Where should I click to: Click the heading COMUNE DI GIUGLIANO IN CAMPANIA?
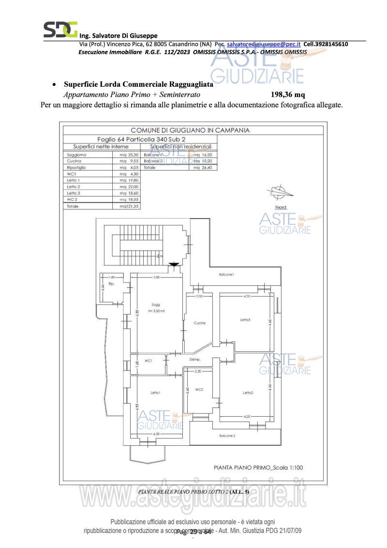(190, 130)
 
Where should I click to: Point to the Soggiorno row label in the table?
(75, 155)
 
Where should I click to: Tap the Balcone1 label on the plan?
(226, 275)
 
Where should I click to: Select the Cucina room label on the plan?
(199, 323)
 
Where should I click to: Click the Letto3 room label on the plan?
(245, 320)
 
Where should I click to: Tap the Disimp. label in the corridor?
(195, 360)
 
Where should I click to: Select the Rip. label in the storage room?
(111, 283)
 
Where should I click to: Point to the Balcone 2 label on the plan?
(227, 436)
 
